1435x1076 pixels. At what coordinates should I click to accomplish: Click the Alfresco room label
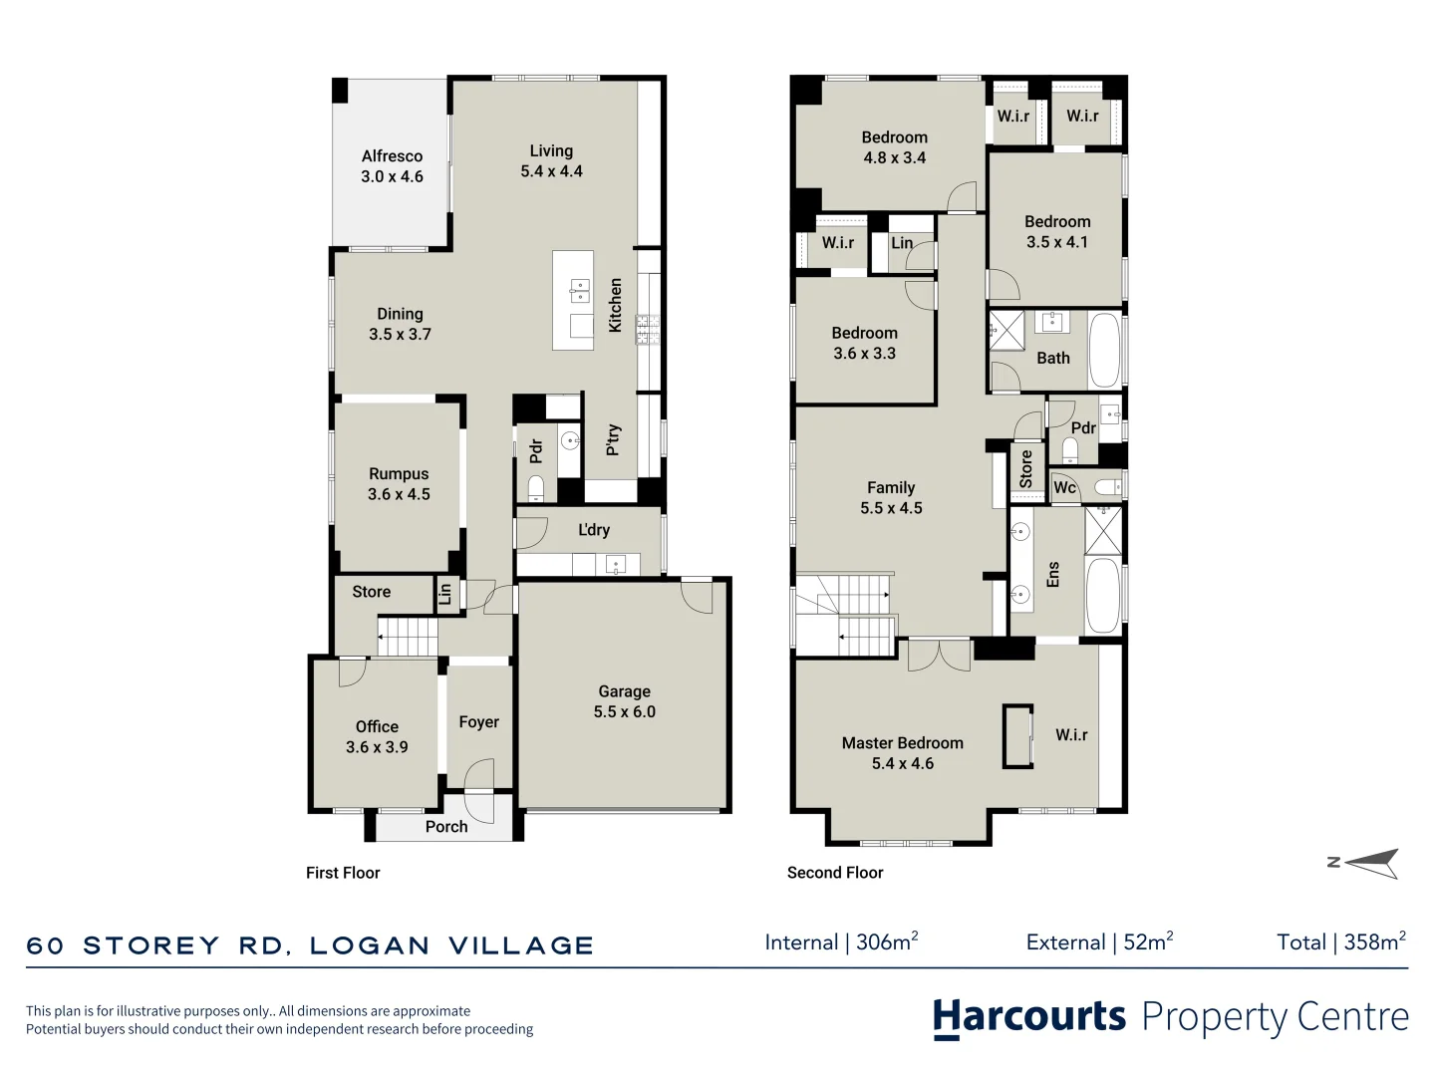pyautogui.click(x=392, y=156)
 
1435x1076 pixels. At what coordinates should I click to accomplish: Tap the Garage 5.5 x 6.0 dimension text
pyautogui.click(x=625, y=711)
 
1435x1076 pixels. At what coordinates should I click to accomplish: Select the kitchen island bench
pyautogui.click(x=573, y=300)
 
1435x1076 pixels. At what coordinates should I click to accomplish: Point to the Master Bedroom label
pyautogui.click(x=902, y=743)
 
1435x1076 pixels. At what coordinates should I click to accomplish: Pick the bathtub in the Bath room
pyautogui.click(x=1104, y=351)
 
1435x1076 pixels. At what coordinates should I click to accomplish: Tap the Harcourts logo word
pyautogui.click(x=1029, y=1018)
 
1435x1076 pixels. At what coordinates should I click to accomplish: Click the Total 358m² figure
pyautogui.click(x=1341, y=941)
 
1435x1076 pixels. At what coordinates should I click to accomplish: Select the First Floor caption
pyautogui.click(x=343, y=873)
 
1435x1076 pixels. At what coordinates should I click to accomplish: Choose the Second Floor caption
pyautogui.click(x=835, y=873)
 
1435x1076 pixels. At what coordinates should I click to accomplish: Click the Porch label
pyautogui.click(x=446, y=827)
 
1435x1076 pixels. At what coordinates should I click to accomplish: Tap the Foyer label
pyautogui.click(x=478, y=722)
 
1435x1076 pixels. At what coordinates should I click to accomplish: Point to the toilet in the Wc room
pyautogui.click(x=1108, y=487)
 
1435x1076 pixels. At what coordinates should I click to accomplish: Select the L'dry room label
pyautogui.click(x=594, y=529)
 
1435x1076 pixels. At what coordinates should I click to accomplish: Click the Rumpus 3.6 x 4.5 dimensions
pyautogui.click(x=399, y=494)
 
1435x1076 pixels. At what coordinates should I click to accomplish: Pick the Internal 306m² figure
pyautogui.click(x=841, y=941)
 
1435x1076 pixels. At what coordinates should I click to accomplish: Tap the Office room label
pyautogui.click(x=377, y=726)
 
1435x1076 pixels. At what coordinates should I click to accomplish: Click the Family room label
pyautogui.click(x=891, y=487)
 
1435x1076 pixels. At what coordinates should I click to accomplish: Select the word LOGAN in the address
pyautogui.click(x=370, y=945)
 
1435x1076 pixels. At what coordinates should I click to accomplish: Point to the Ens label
pyautogui.click(x=1052, y=574)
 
